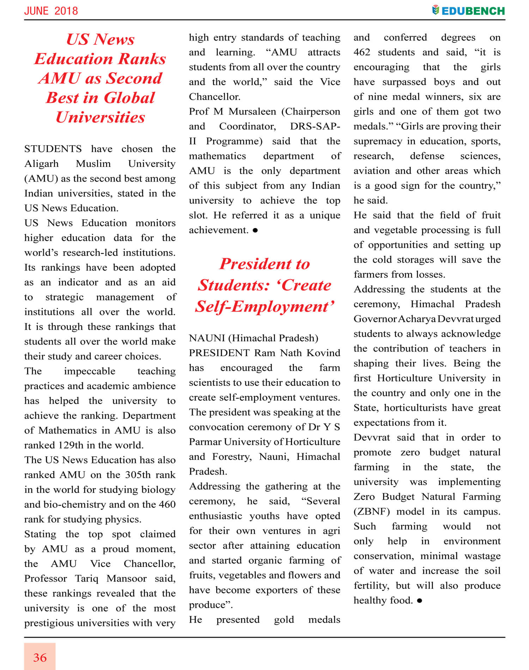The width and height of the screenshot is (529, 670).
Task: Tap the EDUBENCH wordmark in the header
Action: pyautogui.click(x=473, y=11)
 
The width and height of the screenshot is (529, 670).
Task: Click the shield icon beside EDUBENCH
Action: pyautogui.click(x=436, y=10)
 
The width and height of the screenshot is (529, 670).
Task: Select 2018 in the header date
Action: pyautogui.click(x=66, y=11)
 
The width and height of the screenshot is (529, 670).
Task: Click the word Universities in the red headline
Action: pyautogui.click(x=100, y=117)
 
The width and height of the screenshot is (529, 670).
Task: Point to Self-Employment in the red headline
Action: pyautogui.click(x=264, y=306)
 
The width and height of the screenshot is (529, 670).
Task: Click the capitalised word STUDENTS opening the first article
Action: pyautogui.click(x=53, y=149)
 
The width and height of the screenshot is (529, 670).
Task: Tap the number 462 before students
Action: pyautogui.click(x=362, y=52)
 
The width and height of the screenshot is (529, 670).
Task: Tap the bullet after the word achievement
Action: pyautogui.click(x=255, y=230)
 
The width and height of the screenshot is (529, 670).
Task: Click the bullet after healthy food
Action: pyautogui.click(x=419, y=601)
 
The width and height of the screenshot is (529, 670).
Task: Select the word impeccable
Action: pyautogui.click(x=90, y=371)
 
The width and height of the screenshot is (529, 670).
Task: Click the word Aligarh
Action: pyautogui.click(x=41, y=164)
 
